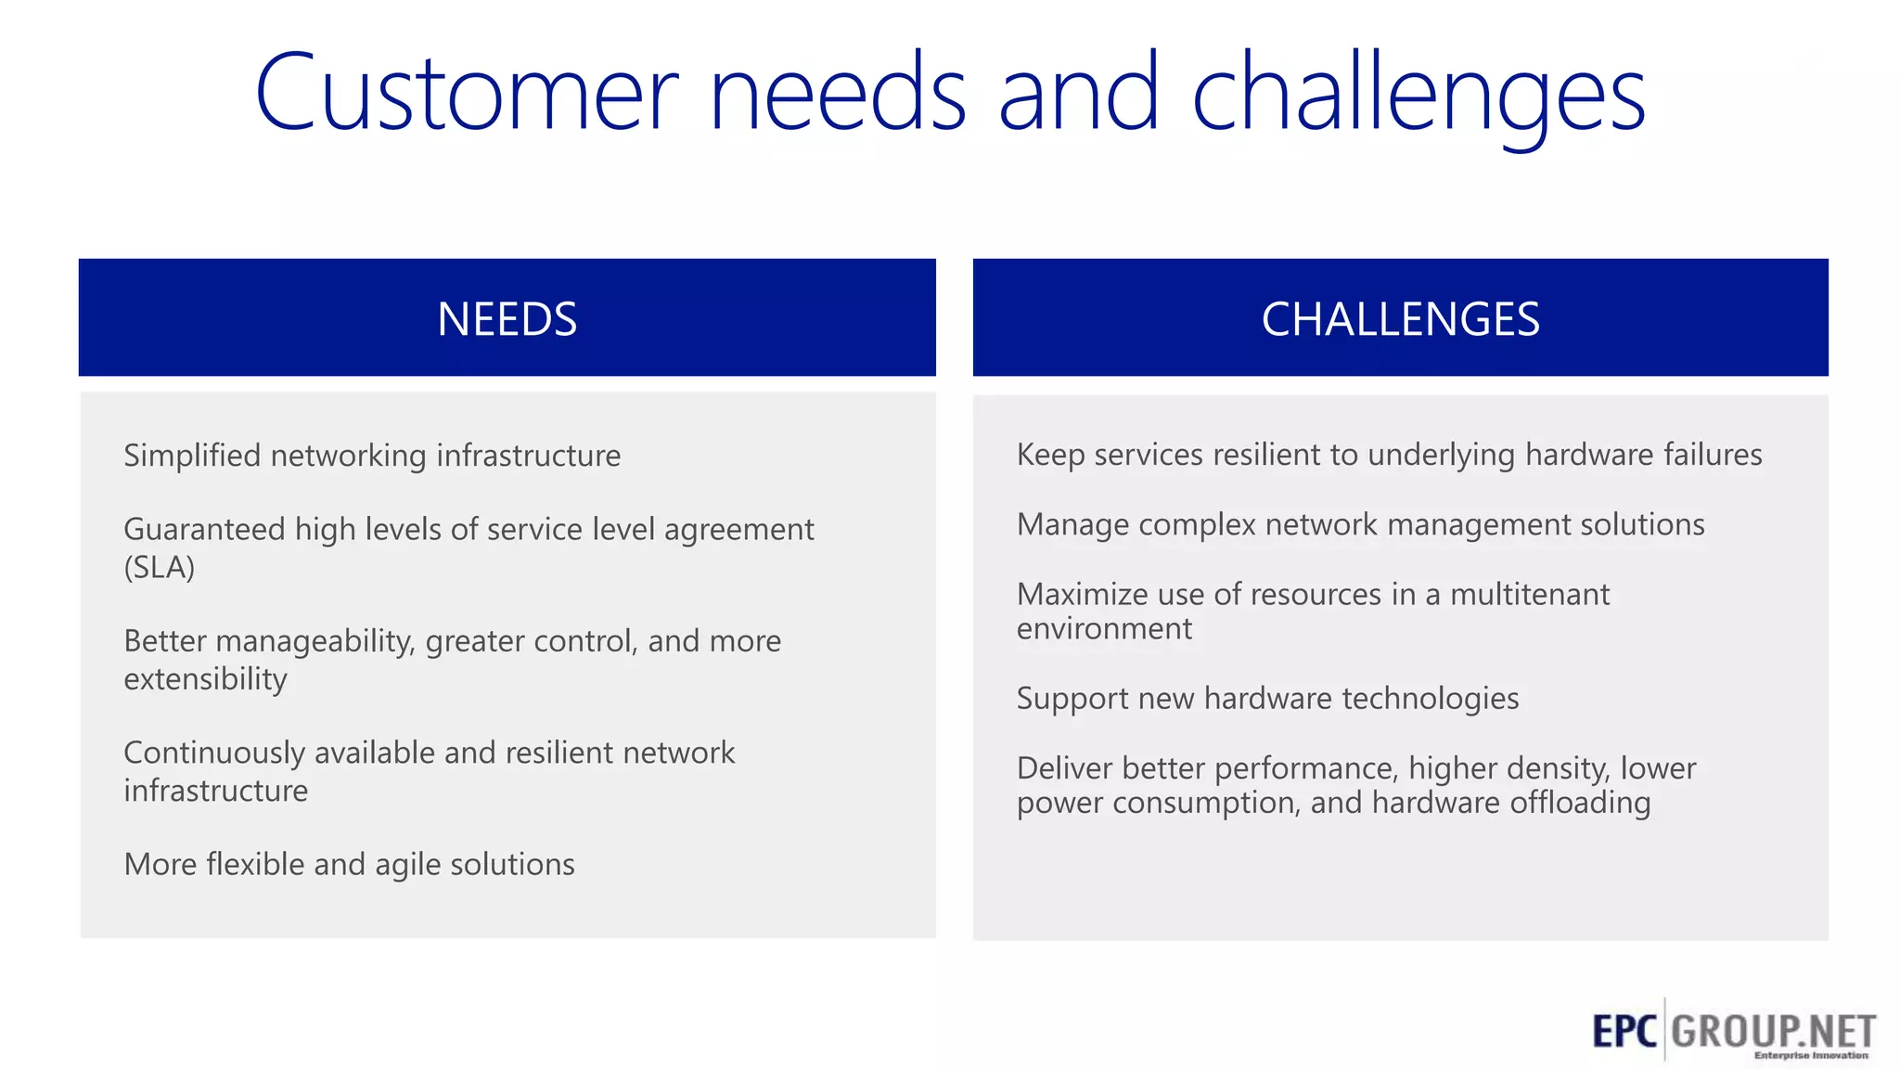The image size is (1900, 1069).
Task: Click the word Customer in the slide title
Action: click(467, 93)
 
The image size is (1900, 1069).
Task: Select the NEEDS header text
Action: click(507, 319)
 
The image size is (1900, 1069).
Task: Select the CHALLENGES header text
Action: click(1400, 319)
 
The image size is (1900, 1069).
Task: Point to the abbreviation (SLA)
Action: click(160, 567)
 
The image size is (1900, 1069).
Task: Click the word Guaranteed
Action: click(204, 529)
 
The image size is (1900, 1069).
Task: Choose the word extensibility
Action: click(205, 679)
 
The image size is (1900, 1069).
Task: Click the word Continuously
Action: click(213, 753)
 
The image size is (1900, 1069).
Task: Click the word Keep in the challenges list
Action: click(1050, 455)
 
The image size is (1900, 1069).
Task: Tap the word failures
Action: click(1712, 455)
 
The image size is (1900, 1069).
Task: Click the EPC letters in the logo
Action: click(1624, 1031)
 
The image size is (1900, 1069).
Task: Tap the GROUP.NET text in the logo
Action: click(1773, 1031)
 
